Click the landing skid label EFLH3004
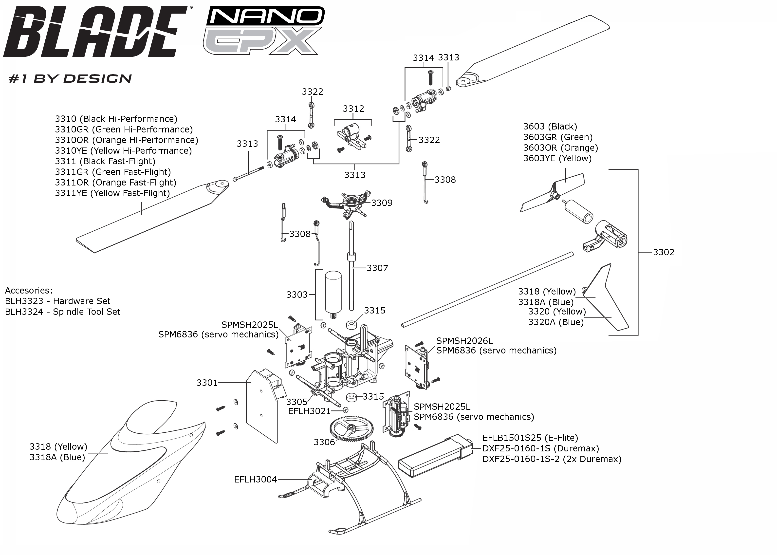point(255,480)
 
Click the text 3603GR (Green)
point(558,137)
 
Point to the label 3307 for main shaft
point(377,268)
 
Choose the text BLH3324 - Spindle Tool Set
point(62,312)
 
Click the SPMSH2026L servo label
point(464,341)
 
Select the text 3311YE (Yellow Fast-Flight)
point(112,193)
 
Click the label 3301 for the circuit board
point(207,383)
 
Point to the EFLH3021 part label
point(309,411)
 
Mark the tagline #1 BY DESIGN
point(70,79)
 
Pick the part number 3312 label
point(353,109)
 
